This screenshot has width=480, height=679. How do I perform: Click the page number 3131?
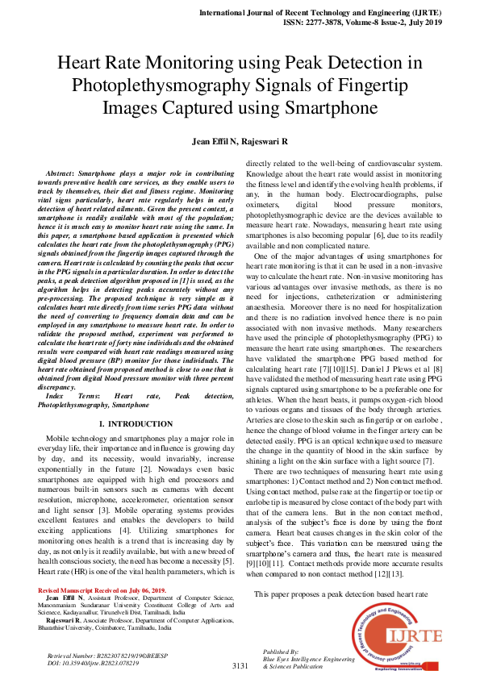click(x=240, y=666)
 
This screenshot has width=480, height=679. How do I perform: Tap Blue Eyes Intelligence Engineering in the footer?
click(x=310, y=659)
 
